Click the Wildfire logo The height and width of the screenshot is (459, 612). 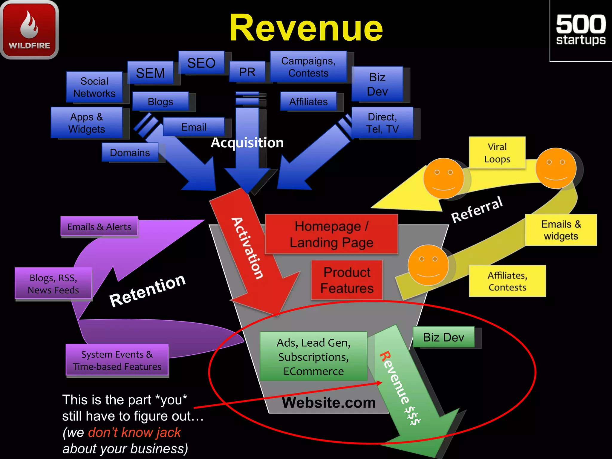29,29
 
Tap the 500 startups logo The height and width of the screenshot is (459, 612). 581,30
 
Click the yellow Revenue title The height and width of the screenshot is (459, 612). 306,28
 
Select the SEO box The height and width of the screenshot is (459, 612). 201,63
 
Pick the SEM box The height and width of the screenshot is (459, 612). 150,73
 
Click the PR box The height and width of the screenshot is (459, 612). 247,72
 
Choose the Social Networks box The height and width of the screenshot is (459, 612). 94,87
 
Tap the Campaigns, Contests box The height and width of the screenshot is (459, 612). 308,67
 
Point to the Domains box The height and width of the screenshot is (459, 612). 130,152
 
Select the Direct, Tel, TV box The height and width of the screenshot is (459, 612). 382,123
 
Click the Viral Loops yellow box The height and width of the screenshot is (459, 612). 497,153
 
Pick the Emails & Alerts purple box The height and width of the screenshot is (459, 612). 99,227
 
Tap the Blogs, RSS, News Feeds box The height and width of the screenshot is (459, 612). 53,284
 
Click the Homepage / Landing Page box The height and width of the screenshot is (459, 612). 331,234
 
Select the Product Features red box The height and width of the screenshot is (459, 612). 347,280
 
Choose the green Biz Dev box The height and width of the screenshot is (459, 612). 443,337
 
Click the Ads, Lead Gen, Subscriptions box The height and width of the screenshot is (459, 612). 313,357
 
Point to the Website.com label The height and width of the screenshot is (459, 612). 329,403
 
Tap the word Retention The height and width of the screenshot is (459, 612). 148,290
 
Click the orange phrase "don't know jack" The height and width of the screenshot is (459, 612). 134,432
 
